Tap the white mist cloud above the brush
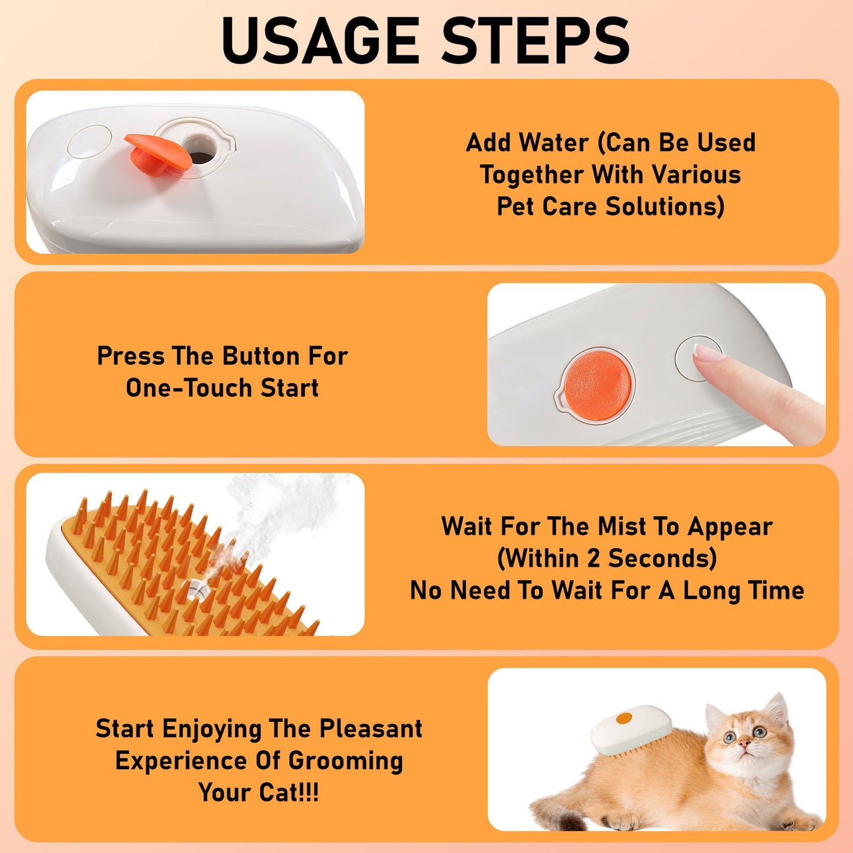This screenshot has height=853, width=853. [x=277, y=508]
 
